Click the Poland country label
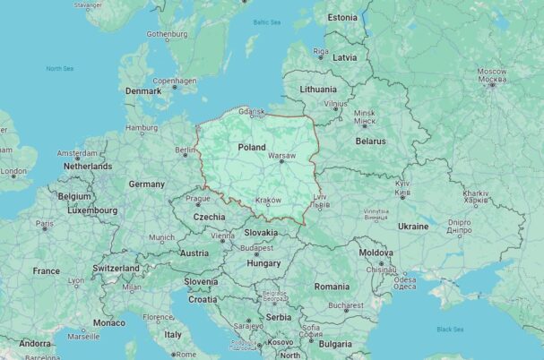coord(252,147)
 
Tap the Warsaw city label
coord(281,156)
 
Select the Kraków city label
coord(268,201)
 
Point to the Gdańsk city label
coord(252,111)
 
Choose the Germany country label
coord(146,184)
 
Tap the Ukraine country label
coord(412,227)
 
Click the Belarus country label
coord(370,141)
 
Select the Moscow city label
coord(491,71)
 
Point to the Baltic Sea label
coord(266,21)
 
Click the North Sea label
coord(60,68)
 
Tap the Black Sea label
coord(449,329)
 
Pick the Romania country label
coord(332,287)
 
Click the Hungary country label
coord(263,263)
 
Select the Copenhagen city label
coord(174,81)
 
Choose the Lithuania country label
coord(318,90)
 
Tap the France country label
coord(47,270)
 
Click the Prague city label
coord(197,198)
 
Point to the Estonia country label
coord(341,17)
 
